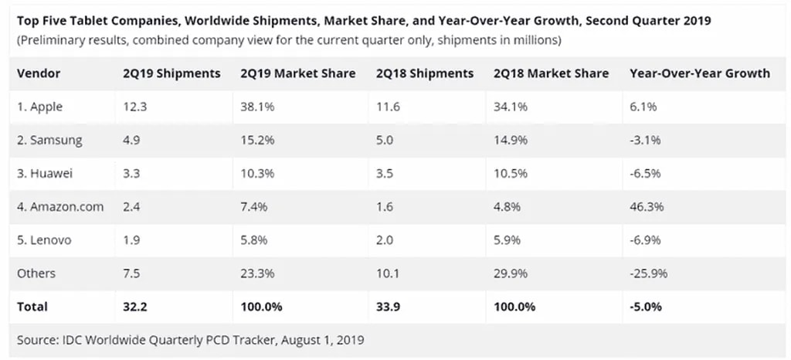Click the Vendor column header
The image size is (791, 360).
39,73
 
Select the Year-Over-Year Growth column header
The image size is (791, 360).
700,73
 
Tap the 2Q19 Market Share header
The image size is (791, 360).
298,73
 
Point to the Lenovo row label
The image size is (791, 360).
44,240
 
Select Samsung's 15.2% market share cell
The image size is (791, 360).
257,141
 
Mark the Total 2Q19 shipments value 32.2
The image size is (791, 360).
134,307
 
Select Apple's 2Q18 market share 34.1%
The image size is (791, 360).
511,107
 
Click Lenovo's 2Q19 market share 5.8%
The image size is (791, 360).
254,240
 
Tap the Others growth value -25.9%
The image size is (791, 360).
650,273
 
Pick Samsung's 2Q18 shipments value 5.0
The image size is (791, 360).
385,141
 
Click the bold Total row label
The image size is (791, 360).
32,307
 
